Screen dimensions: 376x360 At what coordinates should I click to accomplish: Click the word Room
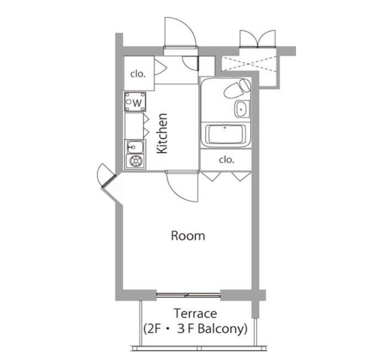pos(188,236)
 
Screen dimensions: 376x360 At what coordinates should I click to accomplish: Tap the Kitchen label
pos(162,133)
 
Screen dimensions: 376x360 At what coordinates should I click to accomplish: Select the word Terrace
pos(195,314)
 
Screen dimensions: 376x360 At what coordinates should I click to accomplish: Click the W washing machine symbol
pos(135,102)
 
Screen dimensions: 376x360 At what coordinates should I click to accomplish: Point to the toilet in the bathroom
pos(237,88)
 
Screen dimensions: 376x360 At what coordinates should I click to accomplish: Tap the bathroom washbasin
pos(242,109)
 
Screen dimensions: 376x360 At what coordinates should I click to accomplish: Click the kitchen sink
pos(135,147)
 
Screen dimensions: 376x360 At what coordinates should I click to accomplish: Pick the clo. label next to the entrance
pos(138,74)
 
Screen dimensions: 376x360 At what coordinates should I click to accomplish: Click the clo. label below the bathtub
pos(227,160)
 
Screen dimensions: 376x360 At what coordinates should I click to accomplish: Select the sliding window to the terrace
pos(188,295)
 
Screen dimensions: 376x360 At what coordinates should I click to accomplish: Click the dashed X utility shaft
pos(249,63)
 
